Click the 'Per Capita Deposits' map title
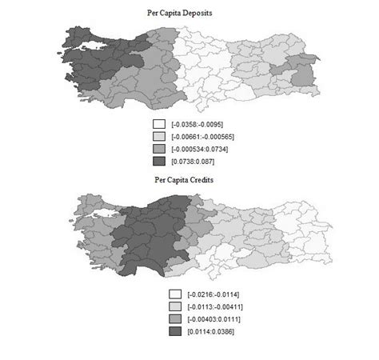pos(189,13)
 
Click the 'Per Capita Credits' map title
pos(189,181)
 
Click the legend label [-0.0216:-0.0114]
pos(213,294)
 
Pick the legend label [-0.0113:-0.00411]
pos(214,306)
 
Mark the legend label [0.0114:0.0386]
pos(212,330)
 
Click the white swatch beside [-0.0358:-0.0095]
pos(159,124)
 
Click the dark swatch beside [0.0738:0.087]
pos(159,160)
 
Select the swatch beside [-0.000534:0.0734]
pos(159,148)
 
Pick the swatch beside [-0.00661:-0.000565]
pos(159,136)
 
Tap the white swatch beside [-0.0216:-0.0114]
pos(174,294)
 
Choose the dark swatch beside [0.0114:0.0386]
pos(174,330)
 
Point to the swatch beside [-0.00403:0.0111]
pos(174,318)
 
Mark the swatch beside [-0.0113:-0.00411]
pos(174,306)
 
